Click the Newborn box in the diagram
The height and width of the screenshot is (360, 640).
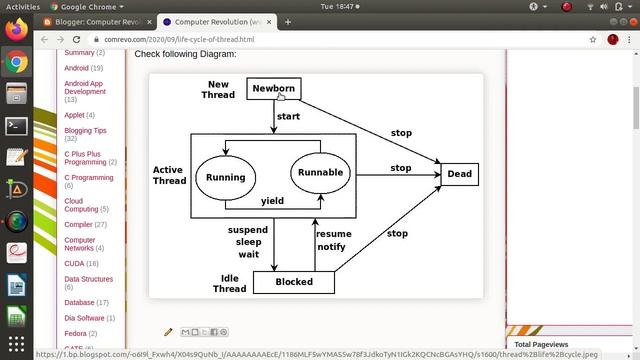(x=273, y=89)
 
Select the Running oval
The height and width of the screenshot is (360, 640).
(x=225, y=177)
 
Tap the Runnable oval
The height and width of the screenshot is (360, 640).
(x=320, y=172)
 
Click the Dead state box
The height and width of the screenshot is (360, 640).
(x=459, y=174)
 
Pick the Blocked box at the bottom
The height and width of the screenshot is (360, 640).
(x=293, y=282)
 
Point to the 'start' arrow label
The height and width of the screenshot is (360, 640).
(x=288, y=116)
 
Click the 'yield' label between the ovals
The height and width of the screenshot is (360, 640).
(x=272, y=201)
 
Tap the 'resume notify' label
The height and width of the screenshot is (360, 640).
(x=332, y=241)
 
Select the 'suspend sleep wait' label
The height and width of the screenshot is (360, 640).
(x=248, y=242)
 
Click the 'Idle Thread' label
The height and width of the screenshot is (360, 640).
(x=229, y=284)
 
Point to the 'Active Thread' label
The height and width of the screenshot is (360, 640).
(x=169, y=176)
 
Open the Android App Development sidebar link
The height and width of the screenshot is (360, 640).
(x=84, y=87)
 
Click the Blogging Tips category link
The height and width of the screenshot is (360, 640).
(x=85, y=130)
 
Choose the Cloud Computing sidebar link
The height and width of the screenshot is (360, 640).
(x=81, y=204)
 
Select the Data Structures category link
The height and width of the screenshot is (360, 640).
(x=88, y=279)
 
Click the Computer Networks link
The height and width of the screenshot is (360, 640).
(x=80, y=244)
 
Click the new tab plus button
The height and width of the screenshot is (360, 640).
(x=288, y=21)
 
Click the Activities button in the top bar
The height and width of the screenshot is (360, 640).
(x=23, y=6)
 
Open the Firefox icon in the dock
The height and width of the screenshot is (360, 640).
(x=16, y=29)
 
